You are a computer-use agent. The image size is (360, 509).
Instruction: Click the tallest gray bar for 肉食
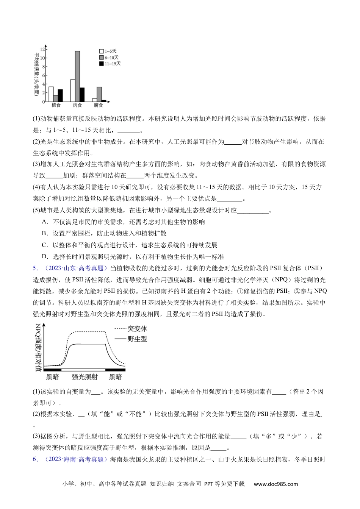pos(77,76)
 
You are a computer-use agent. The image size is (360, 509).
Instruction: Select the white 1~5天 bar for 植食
pos(51,94)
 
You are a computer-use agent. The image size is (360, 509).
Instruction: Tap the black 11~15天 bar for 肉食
pos(82,94)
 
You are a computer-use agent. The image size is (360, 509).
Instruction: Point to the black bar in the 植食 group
pos(60,95)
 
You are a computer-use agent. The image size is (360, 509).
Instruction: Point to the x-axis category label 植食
pos(56,105)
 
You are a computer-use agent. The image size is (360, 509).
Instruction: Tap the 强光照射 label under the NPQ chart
pos(85,377)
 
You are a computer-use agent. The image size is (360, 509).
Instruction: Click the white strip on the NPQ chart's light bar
pos(83,369)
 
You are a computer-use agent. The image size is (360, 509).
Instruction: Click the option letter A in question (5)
pos(44,222)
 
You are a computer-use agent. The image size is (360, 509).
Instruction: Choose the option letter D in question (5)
pos(44,256)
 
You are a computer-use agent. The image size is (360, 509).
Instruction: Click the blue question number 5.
pos(35,269)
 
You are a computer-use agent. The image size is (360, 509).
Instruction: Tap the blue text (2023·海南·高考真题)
pos(74,459)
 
